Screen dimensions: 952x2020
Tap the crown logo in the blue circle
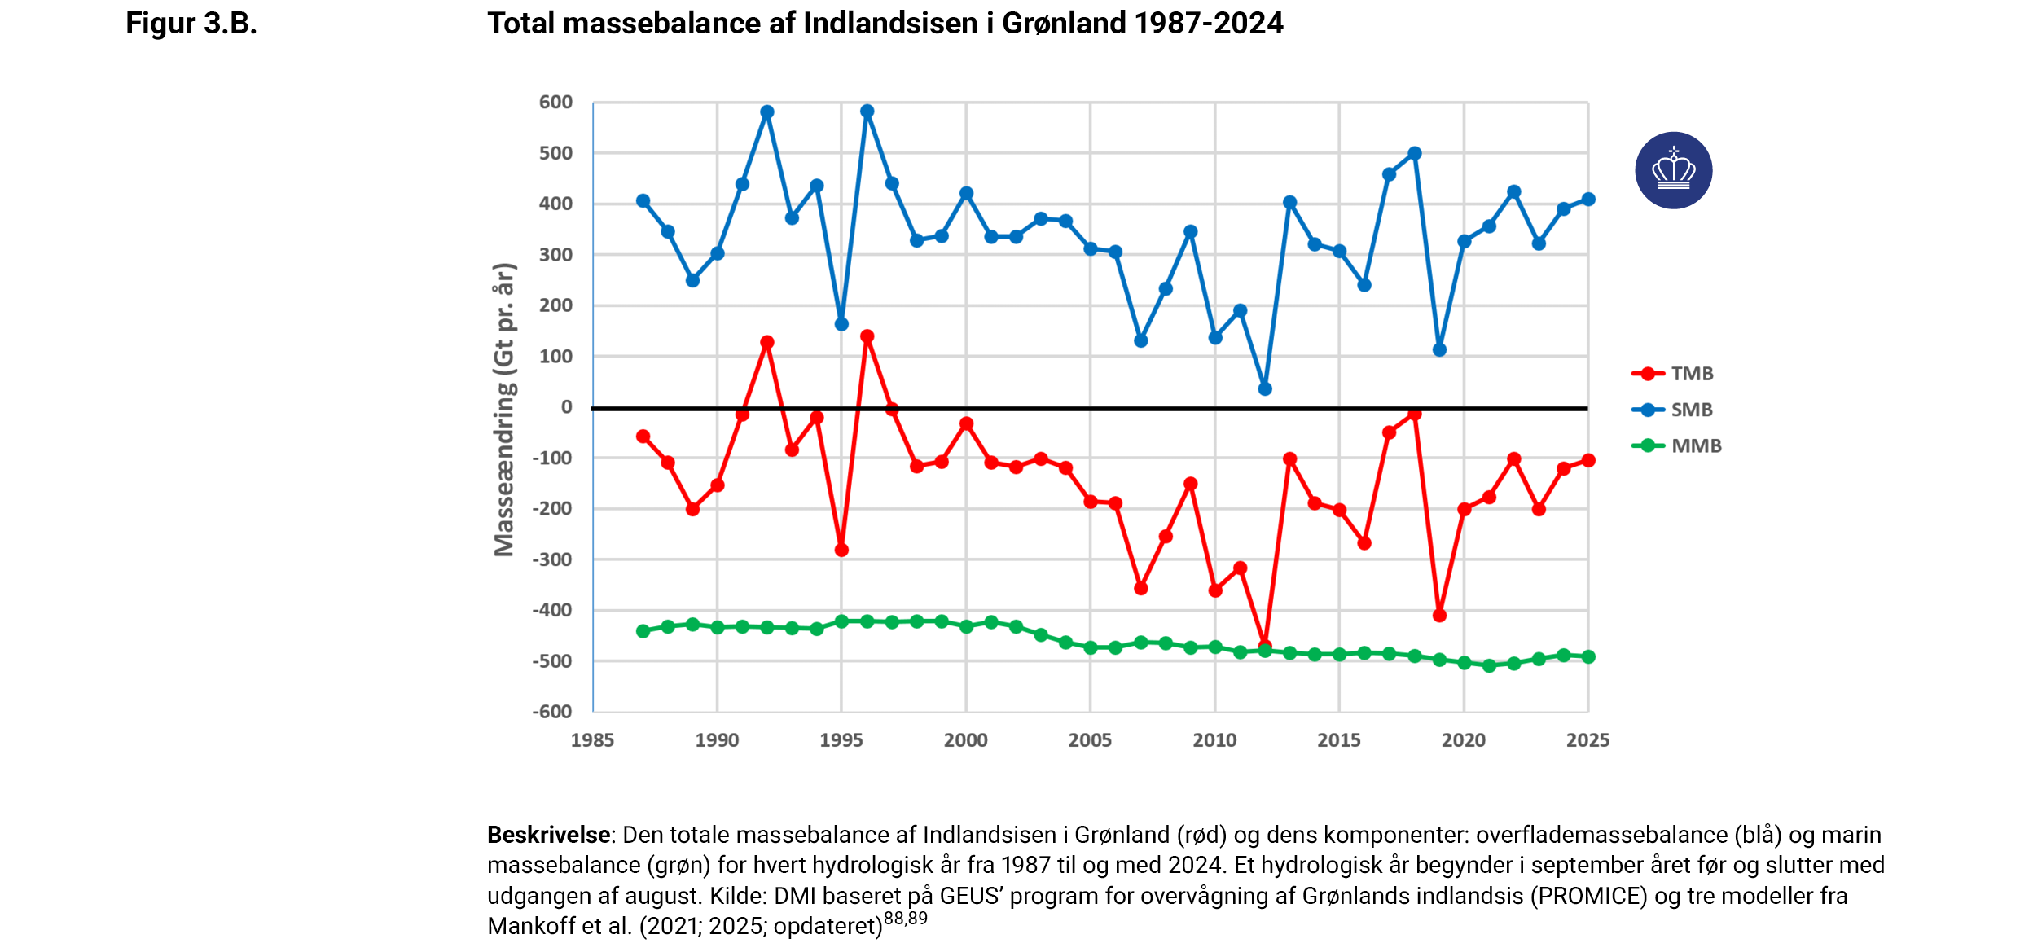[x=1673, y=170]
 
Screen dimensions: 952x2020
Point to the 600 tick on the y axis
[x=555, y=103]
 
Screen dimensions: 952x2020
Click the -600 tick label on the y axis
[x=552, y=712]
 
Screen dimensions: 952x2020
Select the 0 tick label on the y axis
[x=567, y=407]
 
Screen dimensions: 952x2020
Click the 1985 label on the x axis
[x=592, y=740]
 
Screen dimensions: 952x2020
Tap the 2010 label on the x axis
[x=1214, y=740]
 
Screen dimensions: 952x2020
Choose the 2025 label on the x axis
[x=1587, y=740]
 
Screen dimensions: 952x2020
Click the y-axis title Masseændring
[x=505, y=410]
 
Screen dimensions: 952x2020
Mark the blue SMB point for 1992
[x=767, y=112]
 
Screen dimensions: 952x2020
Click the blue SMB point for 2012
[x=1265, y=389]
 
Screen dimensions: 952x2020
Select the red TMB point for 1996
[x=867, y=336]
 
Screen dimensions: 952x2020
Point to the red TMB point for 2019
[x=1439, y=616]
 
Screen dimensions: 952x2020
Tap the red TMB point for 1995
[x=842, y=551]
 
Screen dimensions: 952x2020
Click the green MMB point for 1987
[x=643, y=631]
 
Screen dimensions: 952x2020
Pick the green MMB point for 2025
[x=1588, y=656]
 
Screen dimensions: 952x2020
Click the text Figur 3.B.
[x=191, y=24]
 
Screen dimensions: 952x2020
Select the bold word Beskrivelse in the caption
[x=549, y=835]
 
